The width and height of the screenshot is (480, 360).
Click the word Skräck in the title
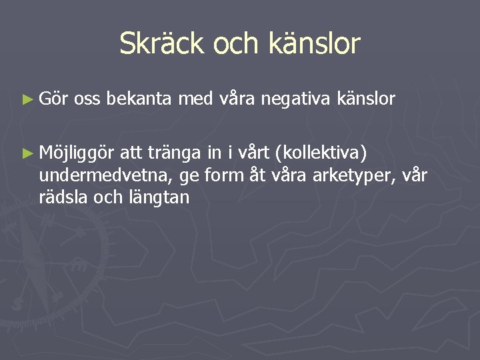point(161,44)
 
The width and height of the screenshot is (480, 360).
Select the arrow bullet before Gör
point(27,100)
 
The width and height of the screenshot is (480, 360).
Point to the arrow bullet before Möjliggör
point(27,153)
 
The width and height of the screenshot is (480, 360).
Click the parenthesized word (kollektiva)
point(324,154)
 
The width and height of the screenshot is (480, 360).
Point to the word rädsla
point(64,197)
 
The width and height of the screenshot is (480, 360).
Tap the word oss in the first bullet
point(87,100)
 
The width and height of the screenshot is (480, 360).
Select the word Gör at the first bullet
point(52,99)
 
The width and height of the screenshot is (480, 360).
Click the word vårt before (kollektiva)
point(256,153)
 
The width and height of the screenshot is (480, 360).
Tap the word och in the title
point(240,44)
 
